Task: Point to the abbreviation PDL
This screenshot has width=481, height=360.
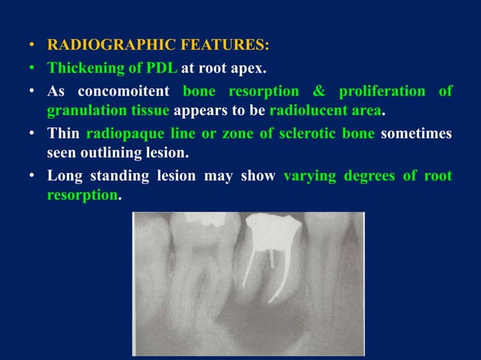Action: (162, 69)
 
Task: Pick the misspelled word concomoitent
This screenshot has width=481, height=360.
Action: (121, 91)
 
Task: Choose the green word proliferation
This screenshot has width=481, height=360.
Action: (384, 91)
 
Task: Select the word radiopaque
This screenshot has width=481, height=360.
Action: (126, 134)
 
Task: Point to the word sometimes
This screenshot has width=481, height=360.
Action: (417, 134)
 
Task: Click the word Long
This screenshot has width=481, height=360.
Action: (65, 177)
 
